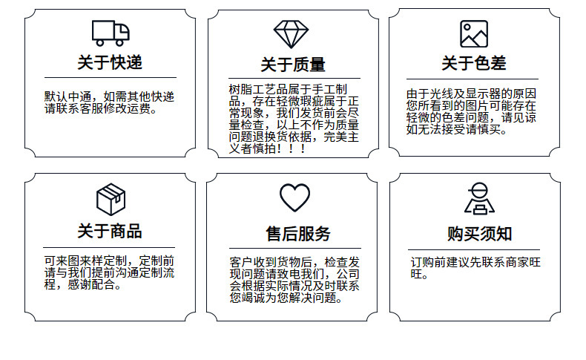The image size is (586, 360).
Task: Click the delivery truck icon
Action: pos(111,32)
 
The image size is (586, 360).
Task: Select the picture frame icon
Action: pos(473,34)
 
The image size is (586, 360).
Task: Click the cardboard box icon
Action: pos(111,198)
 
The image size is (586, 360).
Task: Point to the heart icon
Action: pos(294,197)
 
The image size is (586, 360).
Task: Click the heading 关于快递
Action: pos(110,62)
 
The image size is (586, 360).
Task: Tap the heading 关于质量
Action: pos(293,65)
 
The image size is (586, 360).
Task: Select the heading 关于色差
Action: pos(474,63)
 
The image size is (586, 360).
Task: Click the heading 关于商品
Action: pos(110,231)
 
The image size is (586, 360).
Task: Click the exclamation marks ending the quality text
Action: pos(296,149)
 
